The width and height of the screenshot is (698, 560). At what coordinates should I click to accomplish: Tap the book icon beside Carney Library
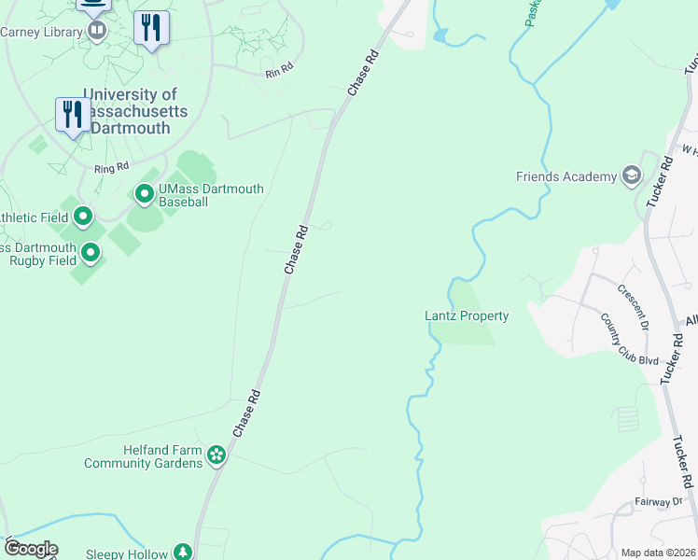(96, 31)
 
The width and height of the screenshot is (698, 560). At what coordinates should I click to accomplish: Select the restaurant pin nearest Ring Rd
(73, 115)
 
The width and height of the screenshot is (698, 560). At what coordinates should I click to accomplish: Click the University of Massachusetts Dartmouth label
(131, 111)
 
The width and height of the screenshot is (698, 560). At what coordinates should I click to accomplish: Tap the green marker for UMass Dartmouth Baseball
(145, 194)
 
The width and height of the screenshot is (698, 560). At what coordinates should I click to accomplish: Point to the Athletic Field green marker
(83, 217)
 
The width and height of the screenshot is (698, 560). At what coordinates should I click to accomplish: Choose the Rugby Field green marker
(91, 253)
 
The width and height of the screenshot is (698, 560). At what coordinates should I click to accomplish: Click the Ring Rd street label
(110, 169)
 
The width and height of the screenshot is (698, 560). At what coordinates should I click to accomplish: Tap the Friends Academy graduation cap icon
(632, 176)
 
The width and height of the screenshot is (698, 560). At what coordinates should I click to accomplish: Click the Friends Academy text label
(566, 176)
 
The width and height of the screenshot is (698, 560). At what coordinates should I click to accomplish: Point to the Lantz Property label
(468, 315)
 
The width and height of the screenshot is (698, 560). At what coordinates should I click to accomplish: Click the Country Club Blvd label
(630, 340)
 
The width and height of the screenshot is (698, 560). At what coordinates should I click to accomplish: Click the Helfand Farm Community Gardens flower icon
(216, 455)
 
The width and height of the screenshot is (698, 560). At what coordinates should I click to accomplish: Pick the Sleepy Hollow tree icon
(185, 553)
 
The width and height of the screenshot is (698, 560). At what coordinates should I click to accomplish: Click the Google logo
(31, 549)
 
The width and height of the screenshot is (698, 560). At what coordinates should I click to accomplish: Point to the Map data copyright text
(657, 553)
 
